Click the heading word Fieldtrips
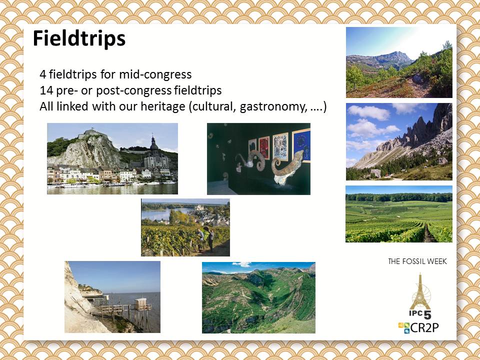79,39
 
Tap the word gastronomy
273,107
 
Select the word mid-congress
155,74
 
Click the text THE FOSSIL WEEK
417,261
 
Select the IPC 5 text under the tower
419,314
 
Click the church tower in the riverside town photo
153,146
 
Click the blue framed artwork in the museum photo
301,145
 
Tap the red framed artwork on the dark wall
264,147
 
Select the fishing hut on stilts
141,304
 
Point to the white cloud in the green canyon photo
242,264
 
